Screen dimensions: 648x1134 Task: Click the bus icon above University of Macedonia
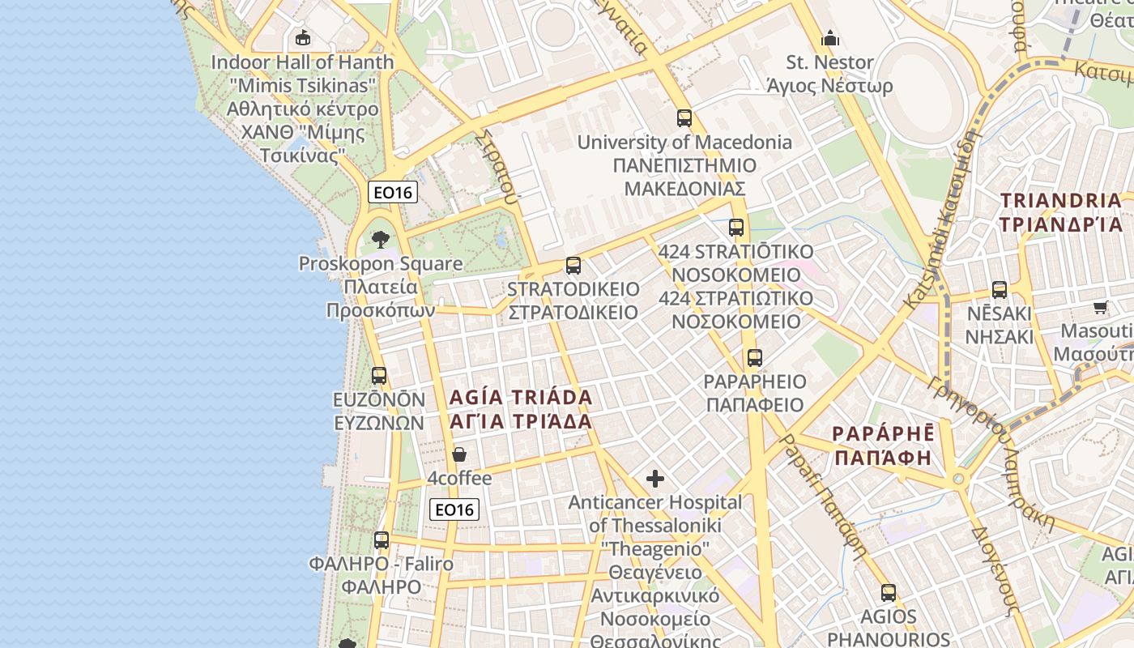[x=684, y=118]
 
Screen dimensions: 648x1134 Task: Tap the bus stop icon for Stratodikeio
[x=573, y=265]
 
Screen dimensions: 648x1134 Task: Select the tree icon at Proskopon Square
[x=380, y=239]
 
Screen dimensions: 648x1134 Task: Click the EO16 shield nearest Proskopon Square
[x=392, y=192]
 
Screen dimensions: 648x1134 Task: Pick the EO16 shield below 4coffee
[x=454, y=509]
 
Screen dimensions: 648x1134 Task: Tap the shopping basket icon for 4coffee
[x=459, y=454]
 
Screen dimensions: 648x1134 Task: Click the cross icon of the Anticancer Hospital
[x=654, y=479]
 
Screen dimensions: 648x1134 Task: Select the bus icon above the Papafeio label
[x=755, y=357]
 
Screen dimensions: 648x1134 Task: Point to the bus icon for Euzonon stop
[x=379, y=376]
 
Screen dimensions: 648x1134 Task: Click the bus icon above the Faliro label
[x=381, y=539]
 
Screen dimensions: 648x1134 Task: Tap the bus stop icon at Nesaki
[x=1000, y=289]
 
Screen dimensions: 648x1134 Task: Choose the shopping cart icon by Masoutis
[x=1100, y=307]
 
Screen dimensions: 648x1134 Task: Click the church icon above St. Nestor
[x=829, y=38]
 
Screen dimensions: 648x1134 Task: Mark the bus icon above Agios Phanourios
[x=889, y=592]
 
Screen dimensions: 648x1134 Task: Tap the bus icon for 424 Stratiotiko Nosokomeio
[x=735, y=228]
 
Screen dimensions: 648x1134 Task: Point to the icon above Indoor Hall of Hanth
[x=303, y=37]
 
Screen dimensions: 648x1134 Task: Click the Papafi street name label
[x=821, y=496]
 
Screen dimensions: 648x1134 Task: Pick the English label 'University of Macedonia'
[x=684, y=142]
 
